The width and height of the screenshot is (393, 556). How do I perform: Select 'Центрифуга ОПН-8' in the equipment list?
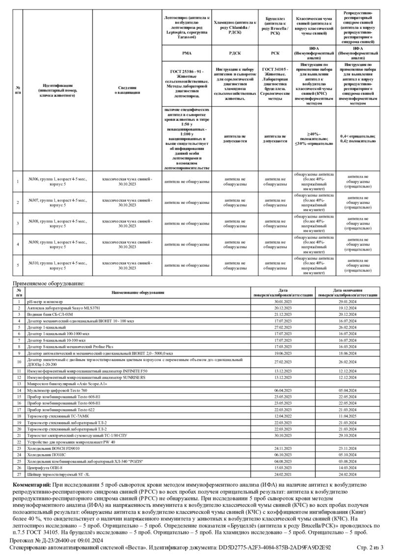click(44, 468)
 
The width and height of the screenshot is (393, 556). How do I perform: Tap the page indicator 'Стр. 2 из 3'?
click(370, 547)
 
